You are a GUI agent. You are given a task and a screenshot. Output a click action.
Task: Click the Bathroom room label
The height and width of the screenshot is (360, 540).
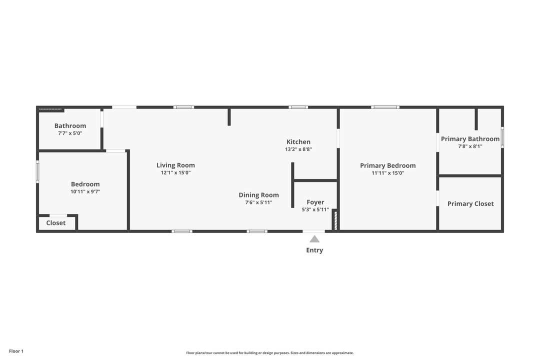coord(70,126)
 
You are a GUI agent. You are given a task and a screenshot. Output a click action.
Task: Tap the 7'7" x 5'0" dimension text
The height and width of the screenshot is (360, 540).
coord(70,133)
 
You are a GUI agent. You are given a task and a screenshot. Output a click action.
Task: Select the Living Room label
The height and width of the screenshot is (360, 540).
coord(175,165)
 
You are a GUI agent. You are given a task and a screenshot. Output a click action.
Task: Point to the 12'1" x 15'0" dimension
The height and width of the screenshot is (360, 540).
coord(175,172)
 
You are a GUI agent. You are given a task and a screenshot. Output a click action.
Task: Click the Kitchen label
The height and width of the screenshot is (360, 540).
coord(298,142)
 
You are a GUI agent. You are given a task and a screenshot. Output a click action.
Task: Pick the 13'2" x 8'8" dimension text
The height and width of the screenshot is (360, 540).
coord(298,149)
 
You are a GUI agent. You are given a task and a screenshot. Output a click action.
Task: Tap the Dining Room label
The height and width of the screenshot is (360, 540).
coord(258,195)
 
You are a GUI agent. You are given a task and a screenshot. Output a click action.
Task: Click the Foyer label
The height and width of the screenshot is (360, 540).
coord(315,202)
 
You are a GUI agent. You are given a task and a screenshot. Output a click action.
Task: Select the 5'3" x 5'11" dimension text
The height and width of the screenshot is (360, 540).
coord(315,209)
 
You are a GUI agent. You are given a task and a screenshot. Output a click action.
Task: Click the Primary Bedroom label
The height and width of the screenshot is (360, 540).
coord(388,165)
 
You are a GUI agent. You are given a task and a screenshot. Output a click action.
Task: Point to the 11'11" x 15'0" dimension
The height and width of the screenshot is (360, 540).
coord(388,173)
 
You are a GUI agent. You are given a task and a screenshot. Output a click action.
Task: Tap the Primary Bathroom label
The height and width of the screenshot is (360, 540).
coord(470,139)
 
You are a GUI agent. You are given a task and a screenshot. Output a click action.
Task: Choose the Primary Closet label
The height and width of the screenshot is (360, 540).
coord(470,203)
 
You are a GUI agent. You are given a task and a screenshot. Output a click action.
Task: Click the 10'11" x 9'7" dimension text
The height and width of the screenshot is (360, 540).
coord(85,191)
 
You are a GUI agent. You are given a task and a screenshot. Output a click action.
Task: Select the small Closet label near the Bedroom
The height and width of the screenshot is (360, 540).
coord(56,223)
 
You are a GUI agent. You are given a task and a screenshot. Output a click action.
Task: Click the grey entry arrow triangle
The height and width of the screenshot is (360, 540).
coord(314,239)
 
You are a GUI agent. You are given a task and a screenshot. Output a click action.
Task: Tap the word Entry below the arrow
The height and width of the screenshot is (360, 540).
coord(314,250)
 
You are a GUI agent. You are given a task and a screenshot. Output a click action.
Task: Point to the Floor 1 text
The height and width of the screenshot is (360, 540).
coord(16,351)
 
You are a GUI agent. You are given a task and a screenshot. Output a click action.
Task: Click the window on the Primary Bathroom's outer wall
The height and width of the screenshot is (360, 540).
coord(502,137)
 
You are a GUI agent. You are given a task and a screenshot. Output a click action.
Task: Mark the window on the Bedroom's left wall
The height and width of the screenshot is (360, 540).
coord(37,171)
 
